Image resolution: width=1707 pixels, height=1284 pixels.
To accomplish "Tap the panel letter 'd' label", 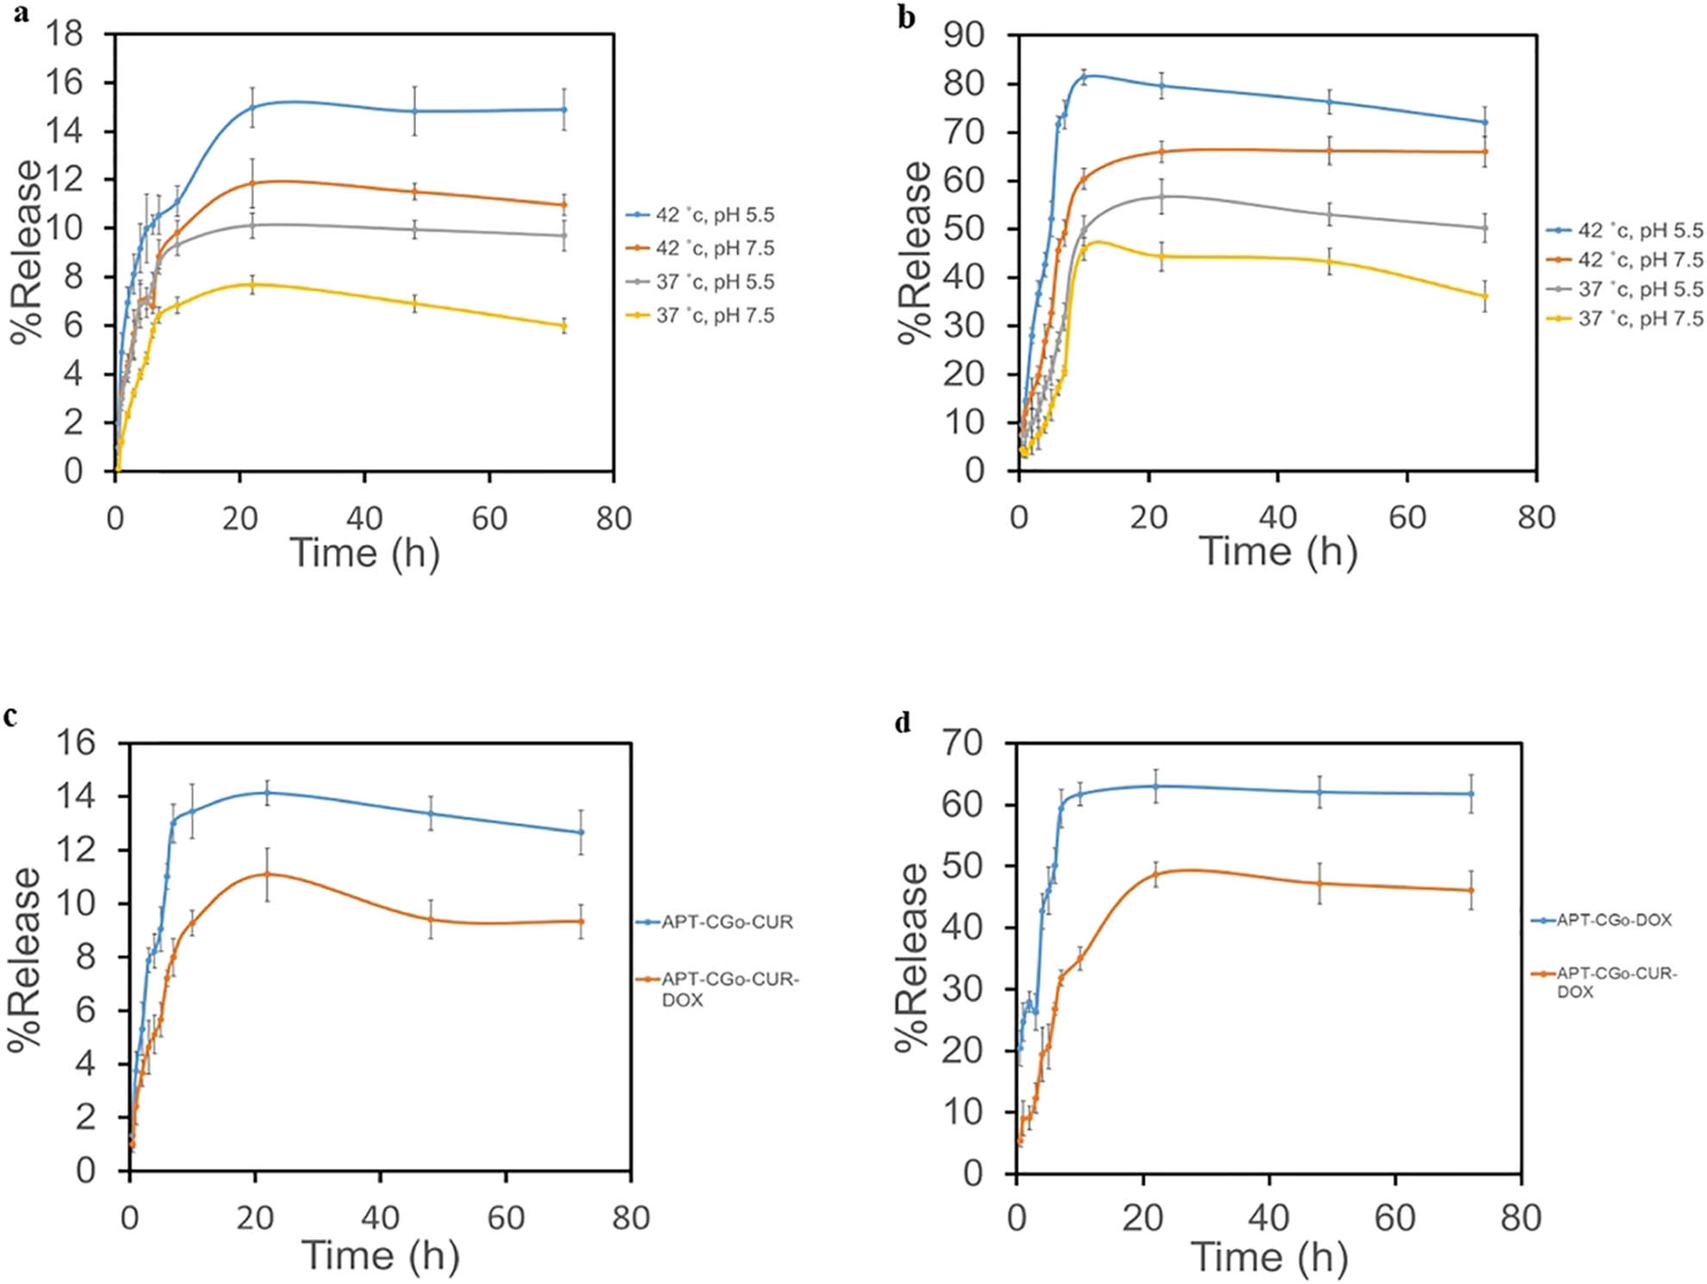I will (903, 722).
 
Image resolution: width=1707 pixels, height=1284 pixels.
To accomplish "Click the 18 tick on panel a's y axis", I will (65, 34).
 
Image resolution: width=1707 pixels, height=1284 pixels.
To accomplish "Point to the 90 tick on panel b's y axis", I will (964, 34).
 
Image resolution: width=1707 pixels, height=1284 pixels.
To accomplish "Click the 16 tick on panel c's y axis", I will (75, 742).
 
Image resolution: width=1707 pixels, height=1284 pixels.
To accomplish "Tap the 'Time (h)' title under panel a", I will (364, 553).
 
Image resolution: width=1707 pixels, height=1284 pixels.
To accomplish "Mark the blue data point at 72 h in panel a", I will (564, 109).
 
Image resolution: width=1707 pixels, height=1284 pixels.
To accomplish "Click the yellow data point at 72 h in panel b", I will (1485, 296).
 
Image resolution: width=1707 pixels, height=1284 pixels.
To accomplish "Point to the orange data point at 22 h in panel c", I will (267, 874).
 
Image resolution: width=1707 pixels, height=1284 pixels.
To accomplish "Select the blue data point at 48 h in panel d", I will (1319, 792).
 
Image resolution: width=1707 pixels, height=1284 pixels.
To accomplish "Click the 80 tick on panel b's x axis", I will (1536, 518).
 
